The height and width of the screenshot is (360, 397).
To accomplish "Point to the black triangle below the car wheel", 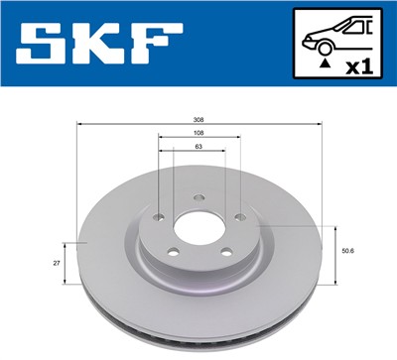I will [x=325, y=64].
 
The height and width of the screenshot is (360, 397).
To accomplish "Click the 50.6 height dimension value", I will [x=348, y=251].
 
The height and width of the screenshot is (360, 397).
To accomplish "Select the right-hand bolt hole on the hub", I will [x=239, y=218].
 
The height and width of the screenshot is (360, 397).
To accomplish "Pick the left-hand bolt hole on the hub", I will [x=157, y=218].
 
